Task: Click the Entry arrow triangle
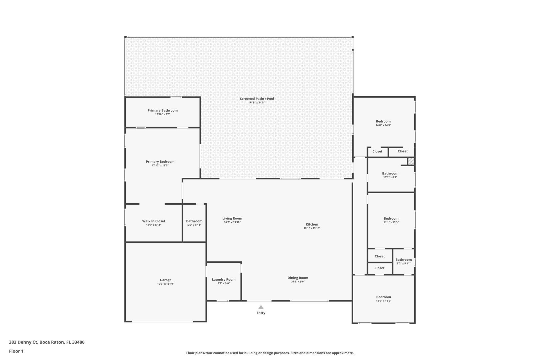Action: point(261,307)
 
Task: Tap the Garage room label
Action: point(165,280)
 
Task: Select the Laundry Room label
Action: point(224,279)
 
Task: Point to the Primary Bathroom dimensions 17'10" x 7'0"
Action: point(163,114)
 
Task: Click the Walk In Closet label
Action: point(154,221)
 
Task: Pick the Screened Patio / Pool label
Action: point(257,98)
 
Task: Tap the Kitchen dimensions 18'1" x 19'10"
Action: point(312,228)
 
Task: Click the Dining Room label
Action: point(298,278)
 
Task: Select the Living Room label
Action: point(232,218)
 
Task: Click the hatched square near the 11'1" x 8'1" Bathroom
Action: point(411,161)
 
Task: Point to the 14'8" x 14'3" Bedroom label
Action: point(383,121)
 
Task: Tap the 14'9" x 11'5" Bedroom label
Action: point(383,297)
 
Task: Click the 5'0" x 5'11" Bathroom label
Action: point(403,260)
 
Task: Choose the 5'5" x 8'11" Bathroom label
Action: point(194,221)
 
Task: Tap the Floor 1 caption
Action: point(16,351)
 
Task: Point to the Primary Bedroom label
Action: point(160,161)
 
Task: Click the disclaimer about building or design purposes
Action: point(270,353)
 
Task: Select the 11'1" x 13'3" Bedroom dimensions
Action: point(391,222)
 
